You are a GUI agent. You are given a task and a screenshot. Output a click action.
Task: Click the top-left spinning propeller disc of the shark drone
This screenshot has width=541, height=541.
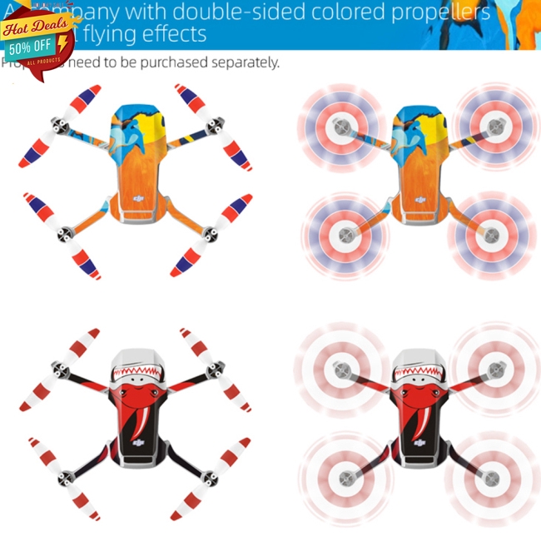tap(339, 365)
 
